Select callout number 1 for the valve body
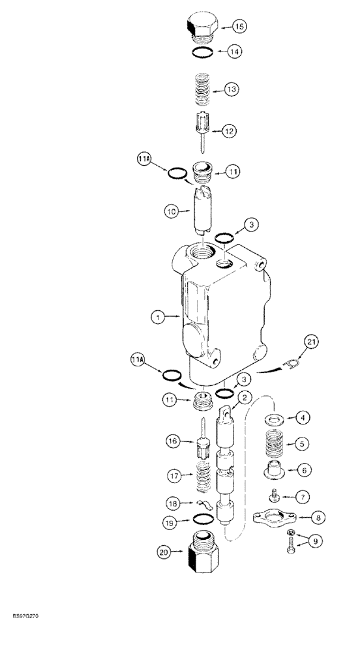click(157, 318)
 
